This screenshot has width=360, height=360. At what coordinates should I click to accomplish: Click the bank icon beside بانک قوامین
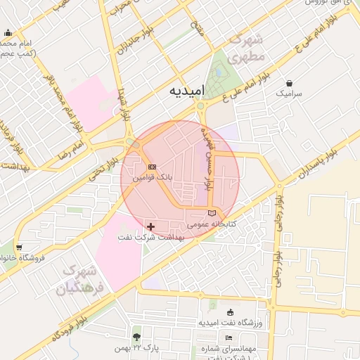tap(153, 167)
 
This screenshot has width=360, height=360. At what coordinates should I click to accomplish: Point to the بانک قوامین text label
tap(153, 179)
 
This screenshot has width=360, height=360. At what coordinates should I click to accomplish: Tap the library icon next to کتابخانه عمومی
tap(212, 212)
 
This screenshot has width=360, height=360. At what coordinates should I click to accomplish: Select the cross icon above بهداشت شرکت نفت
tap(151, 226)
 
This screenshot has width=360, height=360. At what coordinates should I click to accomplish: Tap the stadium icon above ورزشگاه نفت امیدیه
tap(230, 312)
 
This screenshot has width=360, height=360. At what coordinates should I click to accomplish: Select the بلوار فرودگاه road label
tap(73, 321)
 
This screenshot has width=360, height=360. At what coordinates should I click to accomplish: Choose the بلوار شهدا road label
tap(124, 105)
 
